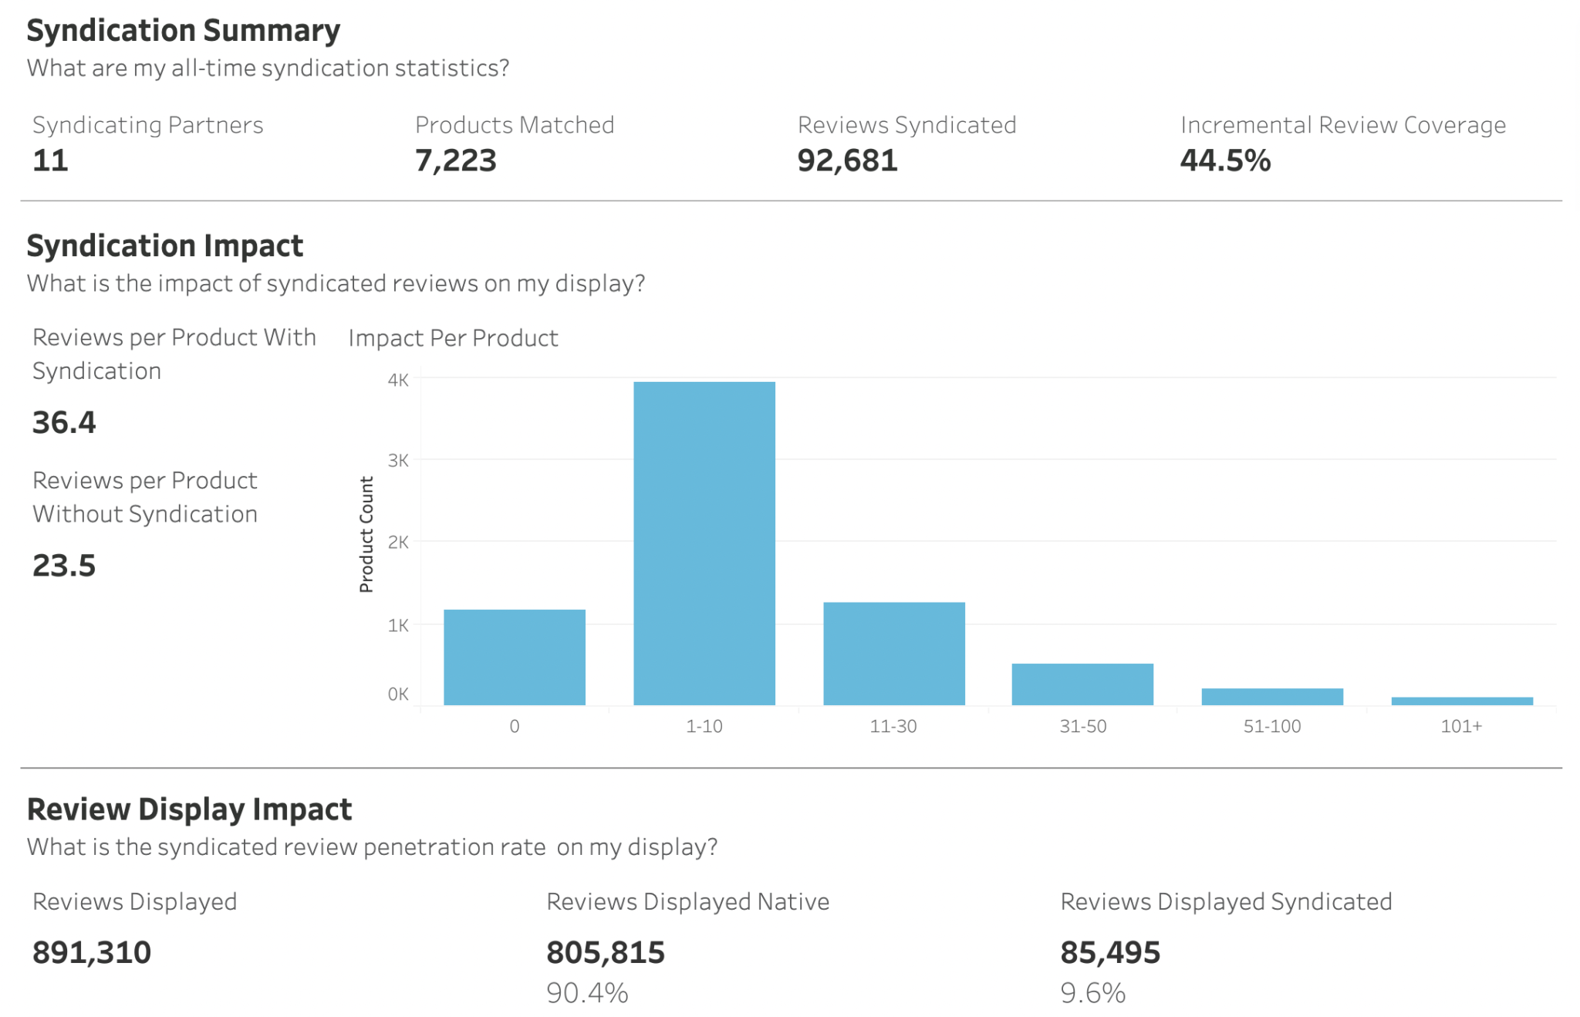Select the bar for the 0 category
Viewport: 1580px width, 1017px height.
(514, 657)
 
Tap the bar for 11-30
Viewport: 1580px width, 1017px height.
(893, 653)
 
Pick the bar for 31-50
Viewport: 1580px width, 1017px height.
(1082, 684)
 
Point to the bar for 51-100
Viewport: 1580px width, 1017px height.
(1271, 696)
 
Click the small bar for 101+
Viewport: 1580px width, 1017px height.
(1461, 701)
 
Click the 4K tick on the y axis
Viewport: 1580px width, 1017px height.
(398, 380)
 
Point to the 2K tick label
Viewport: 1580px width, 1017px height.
(398, 542)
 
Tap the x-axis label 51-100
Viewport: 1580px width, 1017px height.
(1271, 726)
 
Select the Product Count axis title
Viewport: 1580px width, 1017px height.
(366, 534)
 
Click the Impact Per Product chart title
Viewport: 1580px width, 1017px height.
(453, 338)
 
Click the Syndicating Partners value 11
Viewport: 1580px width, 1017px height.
(50, 160)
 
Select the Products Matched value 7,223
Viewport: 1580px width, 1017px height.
(455, 160)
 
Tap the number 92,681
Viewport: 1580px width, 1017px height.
(847, 160)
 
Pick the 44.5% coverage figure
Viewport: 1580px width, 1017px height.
(1225, 160)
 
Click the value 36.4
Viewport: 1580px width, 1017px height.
(64, 422)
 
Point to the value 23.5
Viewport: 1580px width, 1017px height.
(64, 566)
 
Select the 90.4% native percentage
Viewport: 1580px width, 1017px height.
(587, 992)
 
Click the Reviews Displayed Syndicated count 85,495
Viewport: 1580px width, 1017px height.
(1109, 952)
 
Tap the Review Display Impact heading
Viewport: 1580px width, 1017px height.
(189, 809)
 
